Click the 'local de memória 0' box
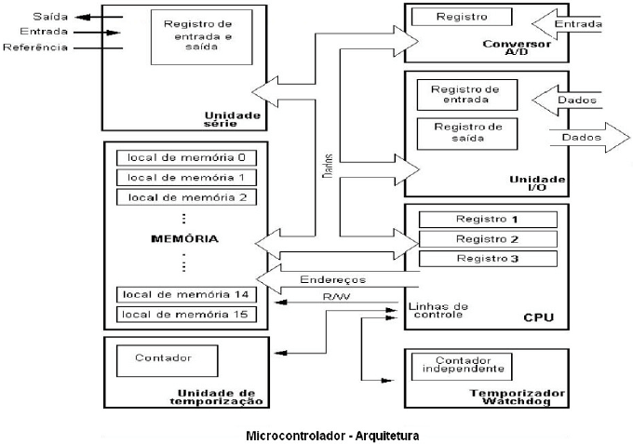pyautogui.click(x=186, y=155)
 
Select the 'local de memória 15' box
pyautogui.click(x=186, y=314)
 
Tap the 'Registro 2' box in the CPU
pyautogui.click(x=487, y=239)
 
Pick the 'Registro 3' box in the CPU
pyautogui.click(x=487, y=258)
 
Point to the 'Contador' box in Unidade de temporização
pyautogui.click(x=163, y=357)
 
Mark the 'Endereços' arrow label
pyautogui.click(x=331, y=278)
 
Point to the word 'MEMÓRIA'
pyautogui.click(x=184, y=239)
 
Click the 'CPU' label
pyautogui.click(x=539, y=318)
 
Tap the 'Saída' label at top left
pyautogui.click(x=22, y=16)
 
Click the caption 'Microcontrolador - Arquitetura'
pyautogui.click(x=332, y=435)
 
